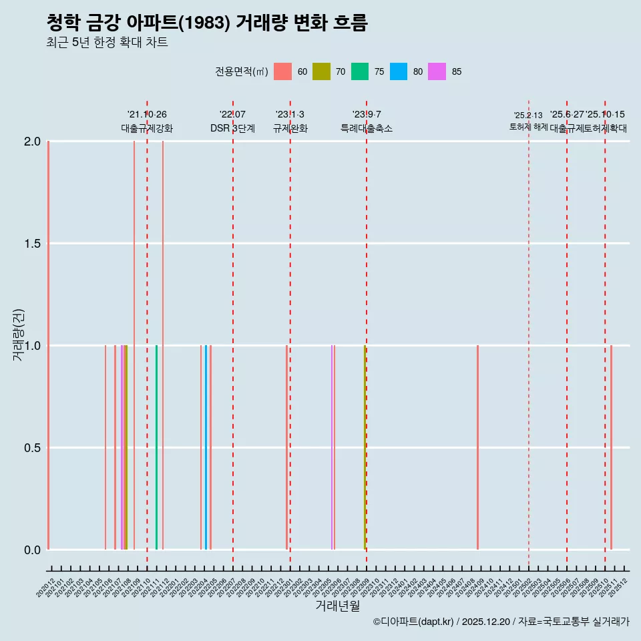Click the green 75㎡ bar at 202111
pyautogui.click(x=156, y=447)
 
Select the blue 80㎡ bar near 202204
pyautogui.click(x=206, y=447)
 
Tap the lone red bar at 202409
pyautogui.click(x=477, y=447)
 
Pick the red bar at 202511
pyautogui.click(x=611, y=447)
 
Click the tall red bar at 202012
pyautogui.click(x=48, y=345)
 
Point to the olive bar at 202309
pyautogui.click(x=365, y=447)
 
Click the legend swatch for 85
pyautogui.click(x=437, y=71)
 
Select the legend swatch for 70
pyautogui.click(x=321, y=71)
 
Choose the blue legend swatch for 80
pyautogui.click(x=399, y=71)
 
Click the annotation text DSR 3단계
pyautogui.click(x=232, y=129)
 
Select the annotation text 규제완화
pyautogui.click(x=290, y=129)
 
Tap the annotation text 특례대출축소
pyautogui.click(x=366, y=129)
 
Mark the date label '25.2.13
pyautogui.click(x=528, y=116)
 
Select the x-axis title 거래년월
pyautogui.click(x=338, y=606)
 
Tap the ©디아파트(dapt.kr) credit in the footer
pyautogui.click(x=413, y=622)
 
